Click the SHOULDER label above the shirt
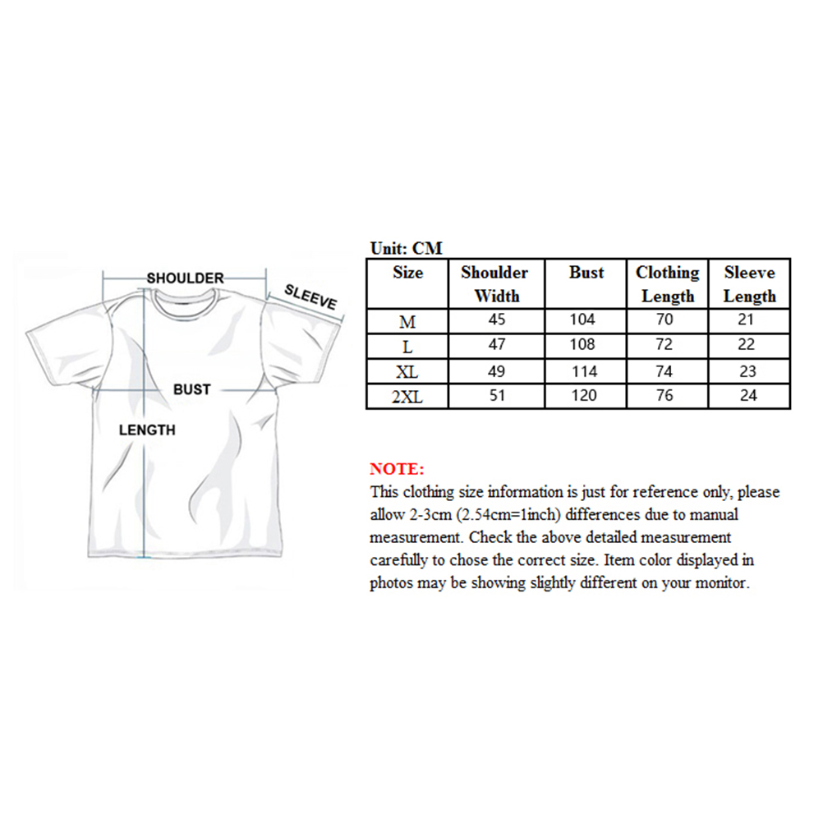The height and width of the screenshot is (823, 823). tap(185, 278)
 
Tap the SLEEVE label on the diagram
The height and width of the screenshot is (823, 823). tap(310, 297)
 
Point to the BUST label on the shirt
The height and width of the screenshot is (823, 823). tap(191, 389)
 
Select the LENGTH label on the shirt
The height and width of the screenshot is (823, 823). tap(147, 429)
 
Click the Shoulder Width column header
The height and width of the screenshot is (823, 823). tap(495, 283)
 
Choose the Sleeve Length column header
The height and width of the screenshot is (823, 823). tap(749, 283)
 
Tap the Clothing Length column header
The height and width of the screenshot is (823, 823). tap(667, 283)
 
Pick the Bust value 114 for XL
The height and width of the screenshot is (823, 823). tap(586, 371)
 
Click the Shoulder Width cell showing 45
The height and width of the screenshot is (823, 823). tap(496, 320)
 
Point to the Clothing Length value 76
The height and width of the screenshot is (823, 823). tap(664, 396)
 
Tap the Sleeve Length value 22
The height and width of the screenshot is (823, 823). tap(747, 346)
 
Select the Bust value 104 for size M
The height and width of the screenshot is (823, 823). tap(586, 320)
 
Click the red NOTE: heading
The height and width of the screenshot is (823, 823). tap(398, 470)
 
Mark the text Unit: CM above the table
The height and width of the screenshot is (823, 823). tap(407, 249)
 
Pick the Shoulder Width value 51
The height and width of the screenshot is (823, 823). tap(496, 396)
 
